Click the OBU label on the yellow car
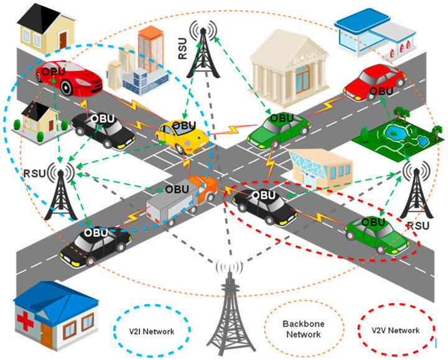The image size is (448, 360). click(x=184, y=126)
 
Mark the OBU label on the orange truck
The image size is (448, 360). click(x=177, y=188)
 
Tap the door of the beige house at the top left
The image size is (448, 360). click(x=63, y=39)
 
